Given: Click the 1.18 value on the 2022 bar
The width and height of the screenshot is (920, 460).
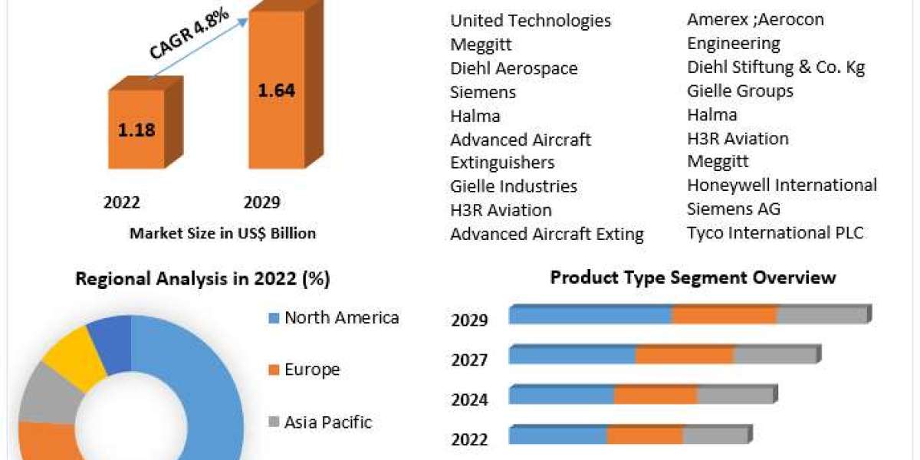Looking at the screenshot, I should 136,130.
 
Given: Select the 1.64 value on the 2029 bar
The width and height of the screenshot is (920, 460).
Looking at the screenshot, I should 276,90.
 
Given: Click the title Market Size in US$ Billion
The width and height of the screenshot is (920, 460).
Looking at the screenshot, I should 222,233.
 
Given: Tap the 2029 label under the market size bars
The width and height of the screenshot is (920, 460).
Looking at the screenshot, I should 261,202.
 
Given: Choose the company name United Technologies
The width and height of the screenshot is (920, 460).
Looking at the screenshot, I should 531,21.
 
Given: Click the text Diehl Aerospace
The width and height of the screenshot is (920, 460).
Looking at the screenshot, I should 514,68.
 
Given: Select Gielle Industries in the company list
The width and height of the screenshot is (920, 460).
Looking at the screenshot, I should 514,186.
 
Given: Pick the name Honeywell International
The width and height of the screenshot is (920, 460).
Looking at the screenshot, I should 782,185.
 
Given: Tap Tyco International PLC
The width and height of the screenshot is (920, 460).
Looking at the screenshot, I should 775,232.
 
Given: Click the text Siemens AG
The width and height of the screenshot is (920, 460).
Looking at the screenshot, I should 734,209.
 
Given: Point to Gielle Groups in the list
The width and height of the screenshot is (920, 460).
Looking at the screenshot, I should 740,91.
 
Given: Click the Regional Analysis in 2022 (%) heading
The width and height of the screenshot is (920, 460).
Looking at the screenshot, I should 202,279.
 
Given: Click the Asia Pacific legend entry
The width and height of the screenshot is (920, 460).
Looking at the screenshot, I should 327,422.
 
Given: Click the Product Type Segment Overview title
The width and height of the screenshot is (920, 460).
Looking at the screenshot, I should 693,278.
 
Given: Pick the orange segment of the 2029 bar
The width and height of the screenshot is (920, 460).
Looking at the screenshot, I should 724,315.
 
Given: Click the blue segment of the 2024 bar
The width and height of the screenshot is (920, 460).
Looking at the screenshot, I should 561,395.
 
